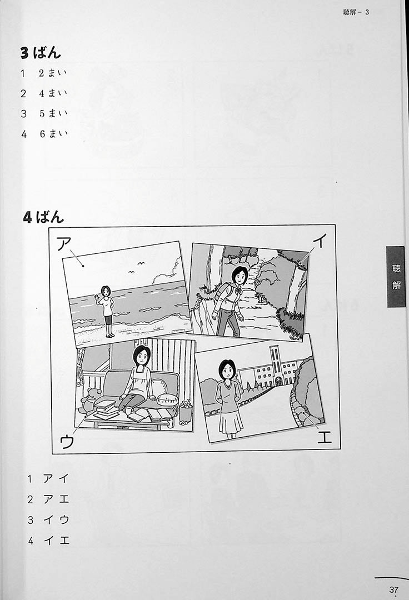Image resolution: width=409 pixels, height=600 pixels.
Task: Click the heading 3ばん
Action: pos(41,53)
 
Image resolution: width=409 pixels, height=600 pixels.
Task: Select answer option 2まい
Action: pos(53,73)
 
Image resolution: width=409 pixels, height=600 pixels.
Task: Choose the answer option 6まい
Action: pos(53,133)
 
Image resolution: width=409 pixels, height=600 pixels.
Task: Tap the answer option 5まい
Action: pos(53,113)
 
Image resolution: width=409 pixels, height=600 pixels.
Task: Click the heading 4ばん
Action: pos(43,217)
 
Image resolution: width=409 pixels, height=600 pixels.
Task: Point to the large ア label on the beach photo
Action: pos(64,243)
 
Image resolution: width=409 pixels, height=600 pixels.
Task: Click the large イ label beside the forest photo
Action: pos(320,241)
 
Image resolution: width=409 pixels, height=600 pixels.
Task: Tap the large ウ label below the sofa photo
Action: pos(67,442)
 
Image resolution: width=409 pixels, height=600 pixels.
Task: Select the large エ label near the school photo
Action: pos(324,437)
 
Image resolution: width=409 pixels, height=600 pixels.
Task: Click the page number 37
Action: pos(393,589)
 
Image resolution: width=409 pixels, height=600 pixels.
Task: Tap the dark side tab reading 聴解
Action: pos(396,277)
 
